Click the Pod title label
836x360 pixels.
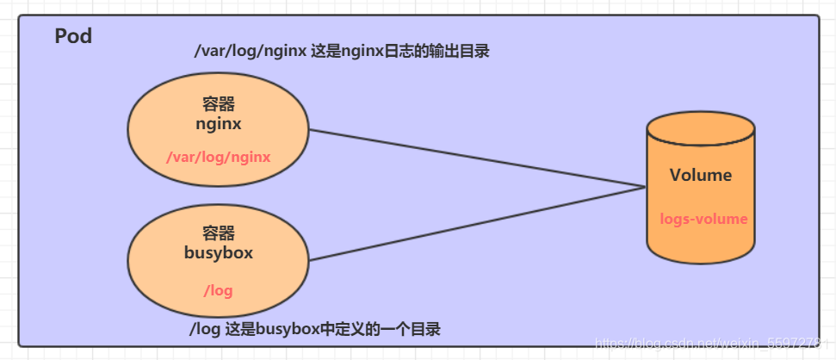click(73, 37)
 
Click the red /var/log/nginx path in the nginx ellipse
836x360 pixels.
click(219, 157)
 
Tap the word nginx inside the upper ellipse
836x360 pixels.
click(219, 123)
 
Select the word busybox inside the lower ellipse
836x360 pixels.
click(218, 252)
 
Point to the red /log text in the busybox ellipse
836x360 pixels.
click(218, 290)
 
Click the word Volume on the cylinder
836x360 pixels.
click(701, 175)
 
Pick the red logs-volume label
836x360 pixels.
click(703, 219)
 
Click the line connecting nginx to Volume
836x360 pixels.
click(474, 158)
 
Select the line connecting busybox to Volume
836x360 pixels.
click(474, 222)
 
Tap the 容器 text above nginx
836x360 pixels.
click(219, 104)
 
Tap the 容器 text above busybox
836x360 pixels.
click(219, 233)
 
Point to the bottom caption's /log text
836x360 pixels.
click(205, 330)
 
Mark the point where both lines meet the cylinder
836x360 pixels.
click(646, 187)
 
